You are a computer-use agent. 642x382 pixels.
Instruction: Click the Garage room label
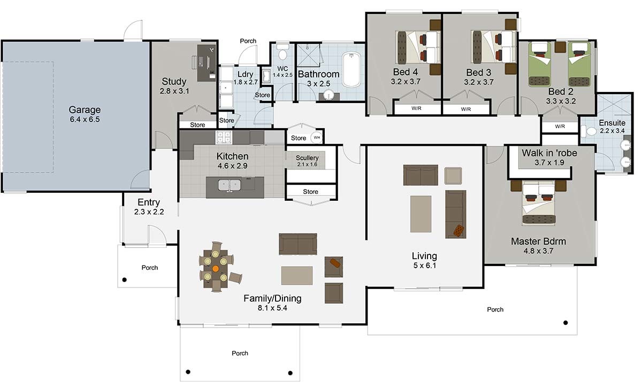[x=85, y=110]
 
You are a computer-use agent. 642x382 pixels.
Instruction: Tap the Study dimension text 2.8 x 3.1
[x=174, y=91]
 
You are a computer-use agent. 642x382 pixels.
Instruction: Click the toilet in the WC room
[x=282, y=53]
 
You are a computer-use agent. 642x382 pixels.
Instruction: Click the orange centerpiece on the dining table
[x=216, y=269]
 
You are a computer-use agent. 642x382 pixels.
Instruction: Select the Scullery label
[x=307, y=158]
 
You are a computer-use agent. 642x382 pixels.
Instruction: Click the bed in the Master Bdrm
[x=539, y=202]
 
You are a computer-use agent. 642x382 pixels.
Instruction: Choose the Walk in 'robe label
[x=549, y=153]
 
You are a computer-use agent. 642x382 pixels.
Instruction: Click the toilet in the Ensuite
[x=591, y=131]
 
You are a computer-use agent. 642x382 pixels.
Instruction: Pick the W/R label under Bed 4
[x=415, y=109]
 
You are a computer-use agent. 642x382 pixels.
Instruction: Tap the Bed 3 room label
[x=478, y=72]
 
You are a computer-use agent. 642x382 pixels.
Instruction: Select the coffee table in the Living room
[x=421, y=214]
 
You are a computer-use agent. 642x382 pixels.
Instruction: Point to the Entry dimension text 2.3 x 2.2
[x=149, y=212]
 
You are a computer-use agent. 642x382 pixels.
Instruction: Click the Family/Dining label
[x=272, y=298]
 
